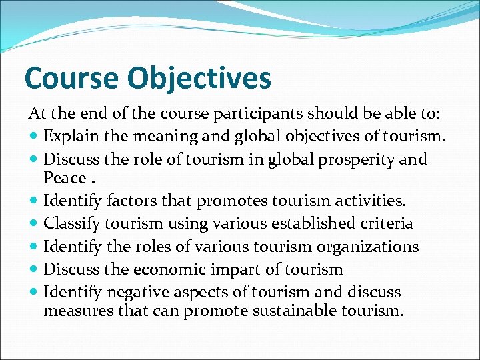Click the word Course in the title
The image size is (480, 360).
[x=72, y=78]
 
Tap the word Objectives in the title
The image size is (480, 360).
[x=199, y=78]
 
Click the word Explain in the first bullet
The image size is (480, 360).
[x=69, y=137]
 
